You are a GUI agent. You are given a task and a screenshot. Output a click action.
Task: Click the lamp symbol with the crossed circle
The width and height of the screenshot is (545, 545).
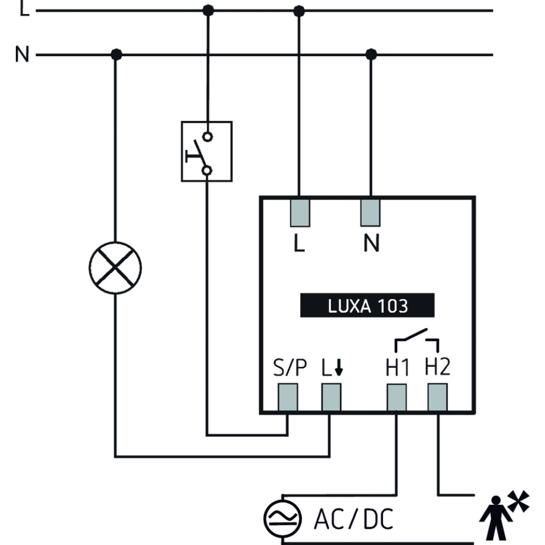coord(115,268)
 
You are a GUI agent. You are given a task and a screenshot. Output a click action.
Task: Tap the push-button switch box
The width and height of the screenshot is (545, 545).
coord(207,151)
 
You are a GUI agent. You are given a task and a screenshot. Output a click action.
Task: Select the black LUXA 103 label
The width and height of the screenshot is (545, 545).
coord(367,306)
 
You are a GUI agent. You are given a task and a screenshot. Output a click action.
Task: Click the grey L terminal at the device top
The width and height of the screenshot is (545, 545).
coord(300,212)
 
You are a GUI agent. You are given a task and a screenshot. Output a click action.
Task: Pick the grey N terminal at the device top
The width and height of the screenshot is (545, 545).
coord(370,212)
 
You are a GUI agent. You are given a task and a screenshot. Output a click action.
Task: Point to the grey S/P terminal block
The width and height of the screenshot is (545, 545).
coord(288,397)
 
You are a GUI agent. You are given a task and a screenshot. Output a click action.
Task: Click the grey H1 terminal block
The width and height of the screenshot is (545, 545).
coord(396,397)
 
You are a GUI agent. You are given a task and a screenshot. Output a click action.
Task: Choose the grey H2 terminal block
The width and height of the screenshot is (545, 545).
coord(437,397)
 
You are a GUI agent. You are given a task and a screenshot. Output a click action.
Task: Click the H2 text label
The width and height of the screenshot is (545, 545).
coord(437,368)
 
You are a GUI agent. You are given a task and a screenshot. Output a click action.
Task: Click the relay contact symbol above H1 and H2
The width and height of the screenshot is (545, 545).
coord(417,339)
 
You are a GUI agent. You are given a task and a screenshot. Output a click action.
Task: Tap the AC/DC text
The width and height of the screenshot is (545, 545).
coord(353,519)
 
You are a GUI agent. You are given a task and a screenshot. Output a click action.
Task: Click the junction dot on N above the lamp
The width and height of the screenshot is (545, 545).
coord(116,55)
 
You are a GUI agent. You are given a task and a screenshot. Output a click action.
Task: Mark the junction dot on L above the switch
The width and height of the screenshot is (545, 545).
coord(208,10)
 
